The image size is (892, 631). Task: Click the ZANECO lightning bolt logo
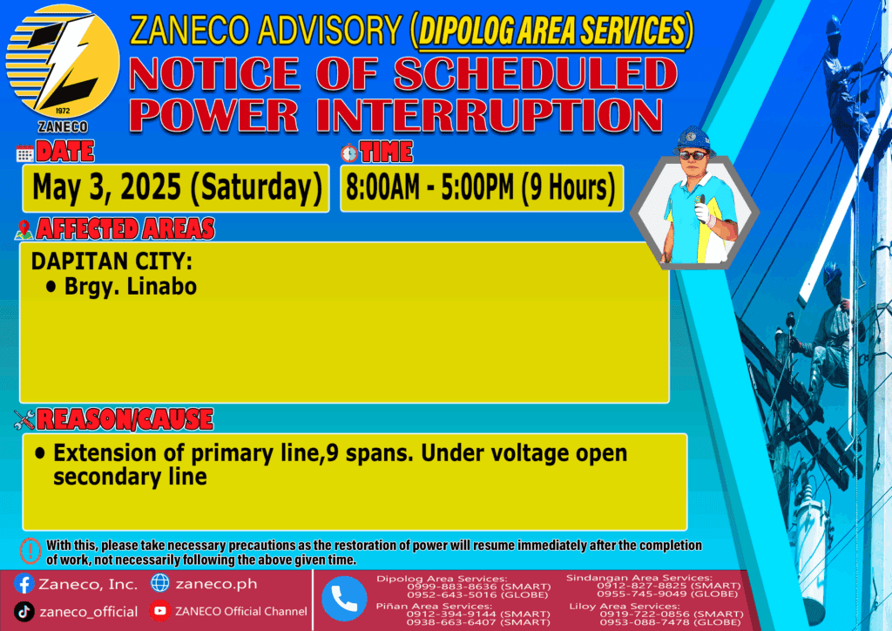63,62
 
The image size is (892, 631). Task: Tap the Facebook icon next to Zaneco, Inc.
24,584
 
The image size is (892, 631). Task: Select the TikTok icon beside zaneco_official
24,612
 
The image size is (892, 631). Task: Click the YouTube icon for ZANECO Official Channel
160,611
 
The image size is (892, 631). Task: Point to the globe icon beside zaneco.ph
160,583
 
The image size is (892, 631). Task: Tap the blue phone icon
344,599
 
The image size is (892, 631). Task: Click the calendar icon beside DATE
25,153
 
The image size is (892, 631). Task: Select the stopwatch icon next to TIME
349,153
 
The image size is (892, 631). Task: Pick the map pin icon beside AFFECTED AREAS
24,229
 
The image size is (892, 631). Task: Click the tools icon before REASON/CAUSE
24,420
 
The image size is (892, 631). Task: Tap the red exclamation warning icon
30,551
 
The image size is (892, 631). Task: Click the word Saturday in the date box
257,187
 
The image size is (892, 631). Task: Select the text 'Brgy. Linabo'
131,286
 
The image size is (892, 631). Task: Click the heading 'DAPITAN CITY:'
111,261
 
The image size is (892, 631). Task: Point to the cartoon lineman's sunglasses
693,155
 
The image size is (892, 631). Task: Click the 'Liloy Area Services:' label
624,606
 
